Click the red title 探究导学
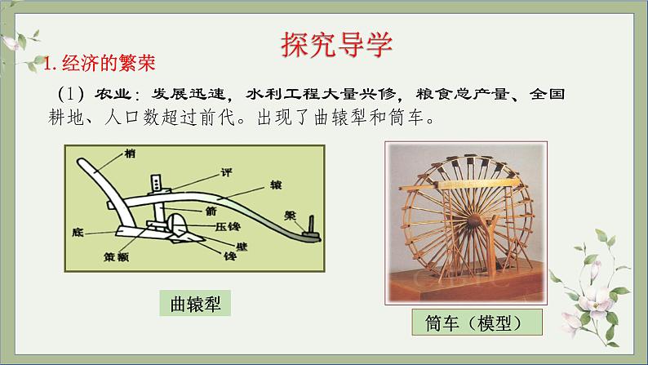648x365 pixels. [x=336, y=44]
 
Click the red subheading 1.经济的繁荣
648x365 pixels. [x=100, y=63]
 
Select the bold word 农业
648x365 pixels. [x=113, y=94]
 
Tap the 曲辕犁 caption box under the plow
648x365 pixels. [x=195, y=304]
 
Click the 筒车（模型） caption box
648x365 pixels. [x=477, y=323]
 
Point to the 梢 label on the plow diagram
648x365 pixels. [x=130, y=154]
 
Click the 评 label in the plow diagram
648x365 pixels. [x=226, y=172]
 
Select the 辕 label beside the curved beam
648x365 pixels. [x=276, y=185]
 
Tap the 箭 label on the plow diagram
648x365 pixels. [x=211, y=211]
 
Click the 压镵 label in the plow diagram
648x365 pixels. [x=229, y=226]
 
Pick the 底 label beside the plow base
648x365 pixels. [x=78, y=233]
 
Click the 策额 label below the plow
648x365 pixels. [x=116, y=257]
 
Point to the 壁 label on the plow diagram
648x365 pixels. [x=242, y=247]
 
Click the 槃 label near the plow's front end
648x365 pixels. [x=290, y=216]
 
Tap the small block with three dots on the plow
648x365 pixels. [x=156, y=183]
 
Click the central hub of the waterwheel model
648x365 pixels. [x=473, y=220]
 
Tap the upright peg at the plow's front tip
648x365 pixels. [x=311, y=225]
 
